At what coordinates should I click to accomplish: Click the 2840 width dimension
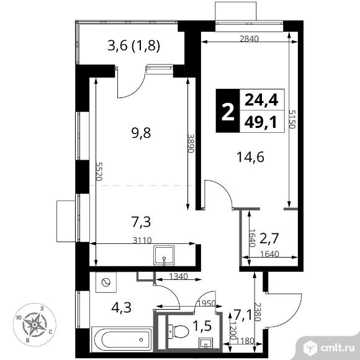point(250,37)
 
